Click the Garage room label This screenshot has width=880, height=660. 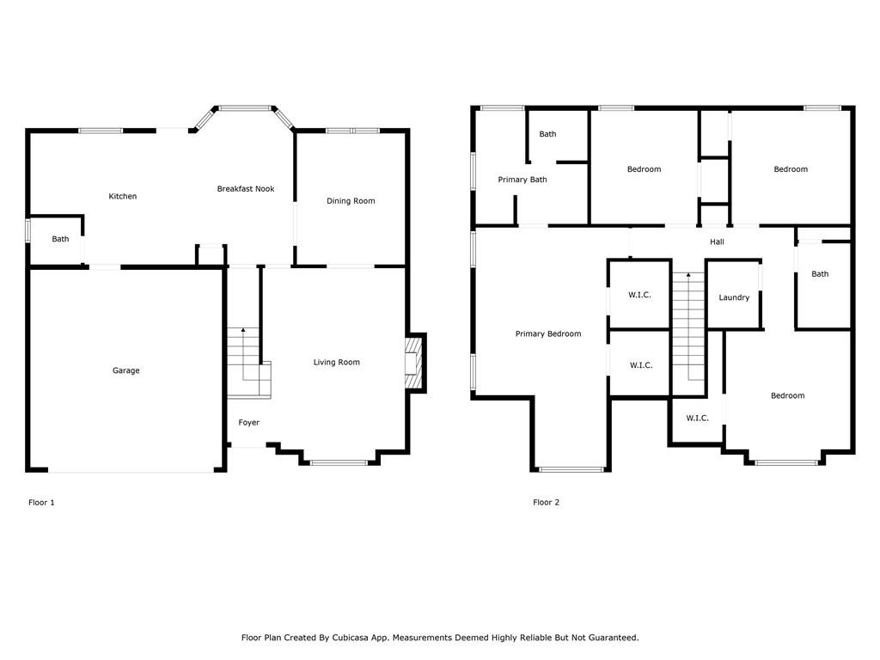coord(125,370)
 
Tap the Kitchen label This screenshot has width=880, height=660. coord(122,197)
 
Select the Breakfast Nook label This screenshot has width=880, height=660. coord(246,189)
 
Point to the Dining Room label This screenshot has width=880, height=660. coord(351,201)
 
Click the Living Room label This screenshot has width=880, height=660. coord(337,363)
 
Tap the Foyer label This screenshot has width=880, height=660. coord(248,423)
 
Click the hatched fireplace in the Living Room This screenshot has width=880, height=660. coord(413,363)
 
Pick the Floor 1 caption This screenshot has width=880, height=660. coord(41,502)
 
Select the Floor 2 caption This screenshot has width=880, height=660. coord(546,502)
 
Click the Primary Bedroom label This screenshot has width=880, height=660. coord(548,334)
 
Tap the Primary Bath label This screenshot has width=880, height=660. coord(522,180)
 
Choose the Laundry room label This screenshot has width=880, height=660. coord(734,297)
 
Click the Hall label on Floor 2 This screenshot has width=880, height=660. coord(717,241)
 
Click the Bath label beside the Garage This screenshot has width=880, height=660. coord(61,239)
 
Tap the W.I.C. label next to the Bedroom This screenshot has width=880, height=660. coord(698,419)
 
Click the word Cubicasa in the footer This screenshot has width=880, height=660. coord(351,638)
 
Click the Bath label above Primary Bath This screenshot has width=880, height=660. coord(547,134)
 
